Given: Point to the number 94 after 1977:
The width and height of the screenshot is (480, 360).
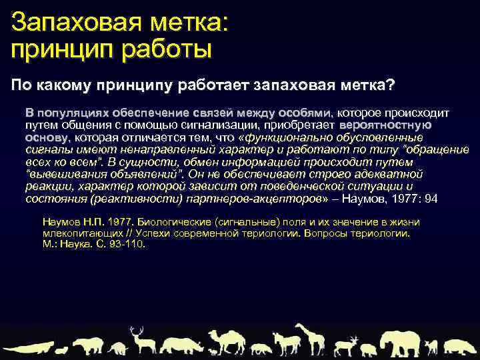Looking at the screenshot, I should pyautogui.click(x=431, y=199).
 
